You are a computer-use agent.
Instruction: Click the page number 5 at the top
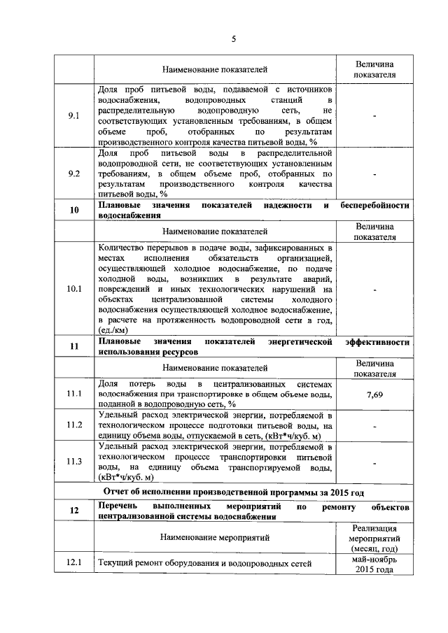[x=234, y=39]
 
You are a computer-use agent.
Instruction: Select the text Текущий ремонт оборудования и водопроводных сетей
[x=205, y=563]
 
